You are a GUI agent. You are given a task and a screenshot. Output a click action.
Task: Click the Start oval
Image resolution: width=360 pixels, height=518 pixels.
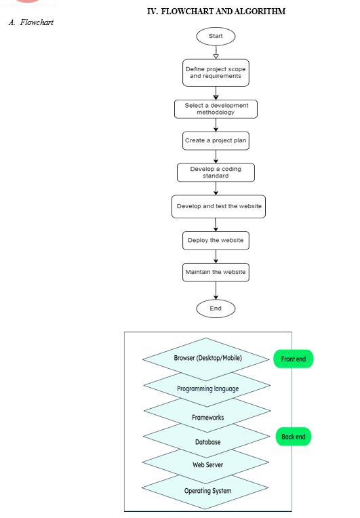216,37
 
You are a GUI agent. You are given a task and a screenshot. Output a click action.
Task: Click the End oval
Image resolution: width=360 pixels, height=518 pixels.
216,308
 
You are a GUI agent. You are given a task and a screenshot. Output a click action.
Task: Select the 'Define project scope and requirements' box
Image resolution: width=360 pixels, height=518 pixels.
216,73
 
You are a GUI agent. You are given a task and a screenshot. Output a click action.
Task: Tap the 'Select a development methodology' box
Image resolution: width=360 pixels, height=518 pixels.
216,109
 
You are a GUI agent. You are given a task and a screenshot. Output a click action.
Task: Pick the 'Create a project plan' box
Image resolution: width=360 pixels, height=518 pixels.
216,141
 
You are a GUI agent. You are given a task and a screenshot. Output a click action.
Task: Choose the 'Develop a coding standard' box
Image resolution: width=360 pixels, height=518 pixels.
216,172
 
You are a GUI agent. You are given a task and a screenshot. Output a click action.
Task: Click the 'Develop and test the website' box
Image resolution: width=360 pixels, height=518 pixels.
218,207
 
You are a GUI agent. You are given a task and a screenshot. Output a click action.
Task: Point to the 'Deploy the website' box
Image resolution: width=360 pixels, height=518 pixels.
216,241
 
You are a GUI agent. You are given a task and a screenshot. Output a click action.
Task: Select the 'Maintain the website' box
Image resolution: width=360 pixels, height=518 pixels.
216,272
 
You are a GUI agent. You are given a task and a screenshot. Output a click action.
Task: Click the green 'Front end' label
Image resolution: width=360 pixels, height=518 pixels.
294,359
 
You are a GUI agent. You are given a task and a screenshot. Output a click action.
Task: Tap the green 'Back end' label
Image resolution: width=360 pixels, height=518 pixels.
294,437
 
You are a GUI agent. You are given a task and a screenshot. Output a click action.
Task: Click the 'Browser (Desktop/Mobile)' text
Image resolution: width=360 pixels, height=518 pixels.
207,358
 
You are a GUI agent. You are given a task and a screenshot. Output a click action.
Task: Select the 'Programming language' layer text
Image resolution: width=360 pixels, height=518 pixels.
207,388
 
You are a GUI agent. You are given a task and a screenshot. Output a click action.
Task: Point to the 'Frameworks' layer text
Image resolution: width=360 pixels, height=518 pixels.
207,418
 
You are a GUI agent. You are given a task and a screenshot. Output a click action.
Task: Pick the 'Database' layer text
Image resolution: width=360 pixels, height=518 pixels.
207,442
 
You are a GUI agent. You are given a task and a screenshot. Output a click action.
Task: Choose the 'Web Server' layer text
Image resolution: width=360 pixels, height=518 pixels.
207,465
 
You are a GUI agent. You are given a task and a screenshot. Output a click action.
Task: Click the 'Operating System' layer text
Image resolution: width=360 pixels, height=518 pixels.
207,491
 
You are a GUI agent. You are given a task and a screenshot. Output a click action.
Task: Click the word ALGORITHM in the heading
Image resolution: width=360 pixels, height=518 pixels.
260,12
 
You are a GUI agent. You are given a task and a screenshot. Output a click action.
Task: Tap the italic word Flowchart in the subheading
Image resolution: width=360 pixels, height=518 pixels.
37,22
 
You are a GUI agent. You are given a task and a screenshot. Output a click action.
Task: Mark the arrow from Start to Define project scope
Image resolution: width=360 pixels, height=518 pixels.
216,52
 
